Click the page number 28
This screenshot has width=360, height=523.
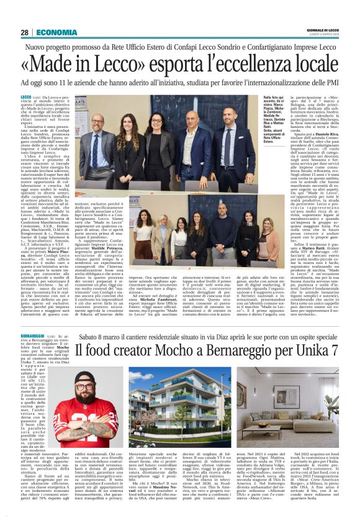(24, 32)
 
